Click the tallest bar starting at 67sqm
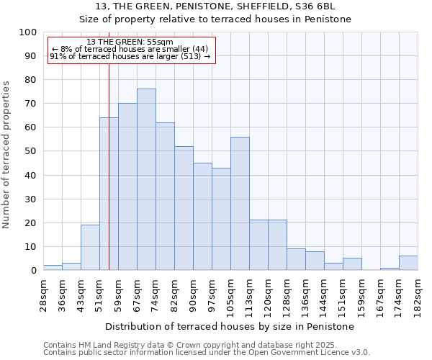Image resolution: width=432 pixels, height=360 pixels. point(146,179)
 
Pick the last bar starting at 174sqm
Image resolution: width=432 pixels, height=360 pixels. point(408,263)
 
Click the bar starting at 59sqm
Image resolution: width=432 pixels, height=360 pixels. point(127,186)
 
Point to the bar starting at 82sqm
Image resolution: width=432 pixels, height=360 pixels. point(184,208)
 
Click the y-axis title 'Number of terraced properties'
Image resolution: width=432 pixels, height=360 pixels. point(6,155)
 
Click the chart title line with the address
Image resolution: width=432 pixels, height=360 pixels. point(215,6)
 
